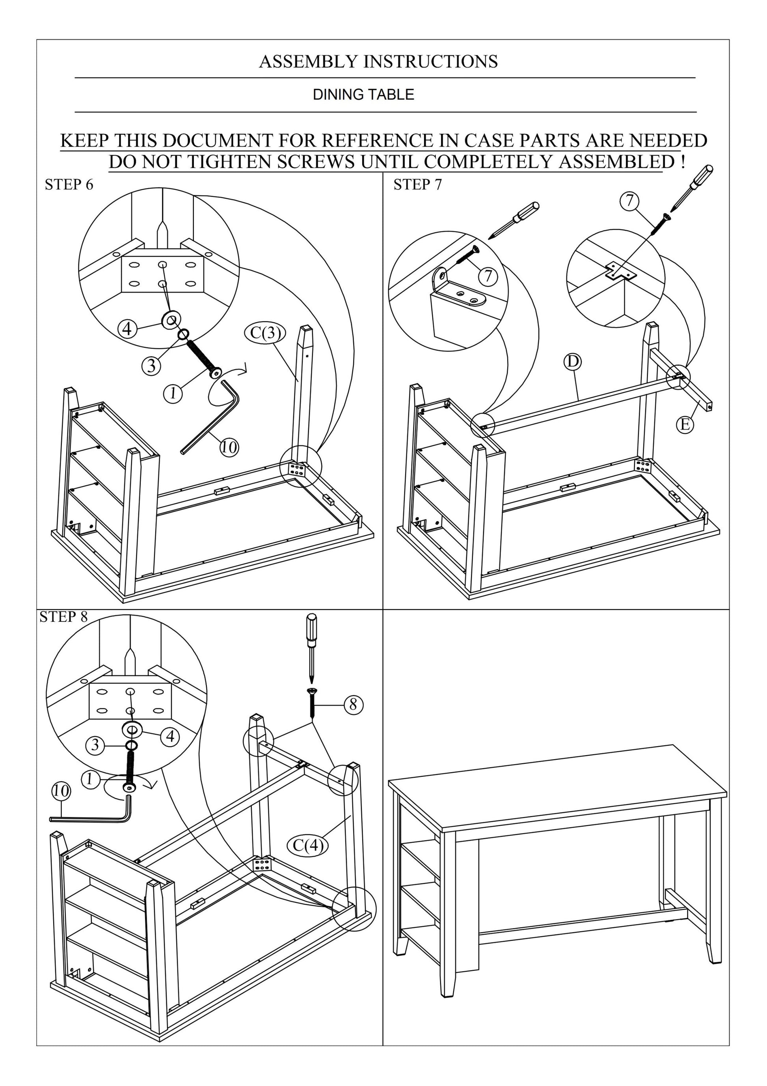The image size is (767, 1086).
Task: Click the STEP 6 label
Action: [69, 185]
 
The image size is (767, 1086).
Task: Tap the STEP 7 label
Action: [417, 185]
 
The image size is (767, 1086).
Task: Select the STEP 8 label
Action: [63, 617]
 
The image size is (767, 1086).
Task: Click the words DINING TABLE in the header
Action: [363, 95]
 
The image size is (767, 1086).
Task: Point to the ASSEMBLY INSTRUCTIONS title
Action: [378, 62]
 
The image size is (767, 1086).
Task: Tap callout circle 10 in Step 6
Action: [229, 447]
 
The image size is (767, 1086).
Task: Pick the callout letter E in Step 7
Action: [684, 424]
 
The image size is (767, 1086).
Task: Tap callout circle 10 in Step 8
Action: [61, 790]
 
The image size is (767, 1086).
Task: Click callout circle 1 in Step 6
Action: [173, 393]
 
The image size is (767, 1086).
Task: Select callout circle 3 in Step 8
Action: [95, 745]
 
